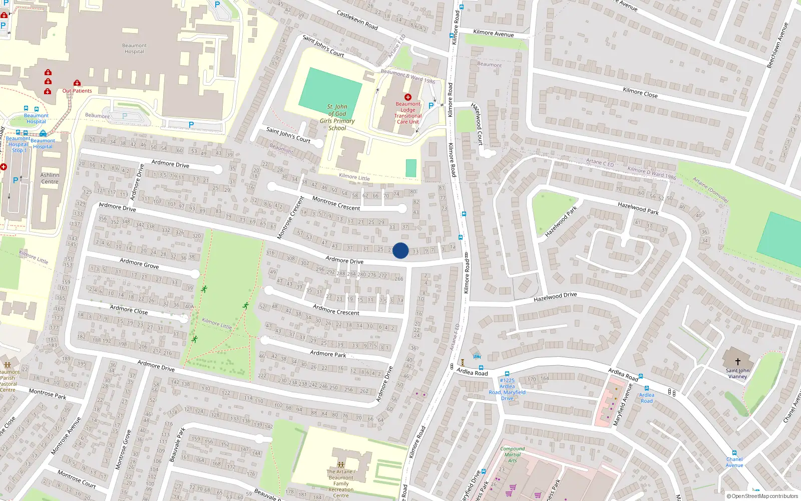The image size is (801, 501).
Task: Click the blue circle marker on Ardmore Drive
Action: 400,250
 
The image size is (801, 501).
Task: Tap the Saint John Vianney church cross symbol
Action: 737,361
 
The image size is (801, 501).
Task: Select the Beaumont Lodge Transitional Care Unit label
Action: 408,113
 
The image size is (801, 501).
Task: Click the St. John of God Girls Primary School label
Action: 337,117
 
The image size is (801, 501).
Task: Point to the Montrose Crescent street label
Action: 336,203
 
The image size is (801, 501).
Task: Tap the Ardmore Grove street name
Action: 139,264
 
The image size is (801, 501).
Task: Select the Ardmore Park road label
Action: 328,354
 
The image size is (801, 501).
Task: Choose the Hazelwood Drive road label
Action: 555,297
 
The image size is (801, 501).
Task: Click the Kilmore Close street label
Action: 640,93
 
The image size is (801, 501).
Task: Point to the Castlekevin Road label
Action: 357,20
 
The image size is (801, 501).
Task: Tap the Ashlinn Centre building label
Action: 50,178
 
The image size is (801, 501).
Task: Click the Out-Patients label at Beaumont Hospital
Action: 77,91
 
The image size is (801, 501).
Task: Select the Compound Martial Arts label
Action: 513,454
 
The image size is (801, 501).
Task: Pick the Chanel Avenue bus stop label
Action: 734,462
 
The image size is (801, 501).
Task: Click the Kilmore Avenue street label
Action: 493,33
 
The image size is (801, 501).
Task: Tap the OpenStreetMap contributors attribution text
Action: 762,496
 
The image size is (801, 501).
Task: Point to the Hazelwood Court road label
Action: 477,124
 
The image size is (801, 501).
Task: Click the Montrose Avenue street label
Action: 66,436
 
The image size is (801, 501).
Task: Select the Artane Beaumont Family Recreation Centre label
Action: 341,483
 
